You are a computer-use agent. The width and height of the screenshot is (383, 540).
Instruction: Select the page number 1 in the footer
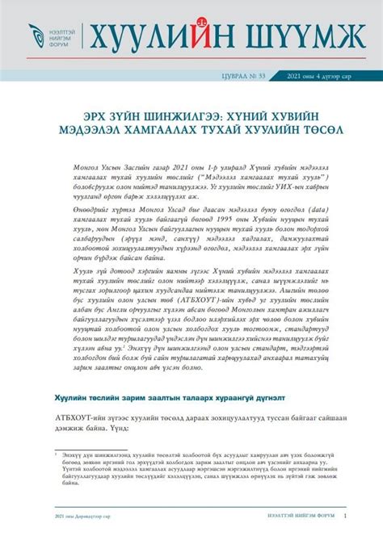coord(346,515)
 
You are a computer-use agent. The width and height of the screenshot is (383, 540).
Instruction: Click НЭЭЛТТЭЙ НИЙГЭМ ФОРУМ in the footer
coord(301,515)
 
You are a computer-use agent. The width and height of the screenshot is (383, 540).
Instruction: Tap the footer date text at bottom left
coord(75,515)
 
